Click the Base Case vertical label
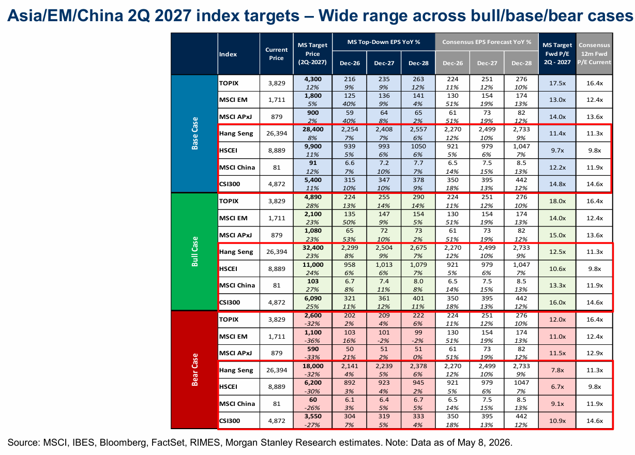194,133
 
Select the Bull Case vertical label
194,251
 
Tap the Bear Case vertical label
194,370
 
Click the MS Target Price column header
312,54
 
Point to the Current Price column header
276,54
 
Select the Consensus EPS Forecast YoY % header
487,42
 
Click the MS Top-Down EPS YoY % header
384,42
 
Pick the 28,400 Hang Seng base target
313,129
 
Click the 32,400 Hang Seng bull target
313,248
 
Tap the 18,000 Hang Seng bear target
313,366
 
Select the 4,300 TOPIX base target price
313,79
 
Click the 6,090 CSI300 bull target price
313,298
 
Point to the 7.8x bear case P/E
557,370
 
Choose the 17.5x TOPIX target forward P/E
557,83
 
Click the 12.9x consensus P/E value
595,353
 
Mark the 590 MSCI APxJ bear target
313,349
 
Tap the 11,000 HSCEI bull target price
313,265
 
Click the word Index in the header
228,54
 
